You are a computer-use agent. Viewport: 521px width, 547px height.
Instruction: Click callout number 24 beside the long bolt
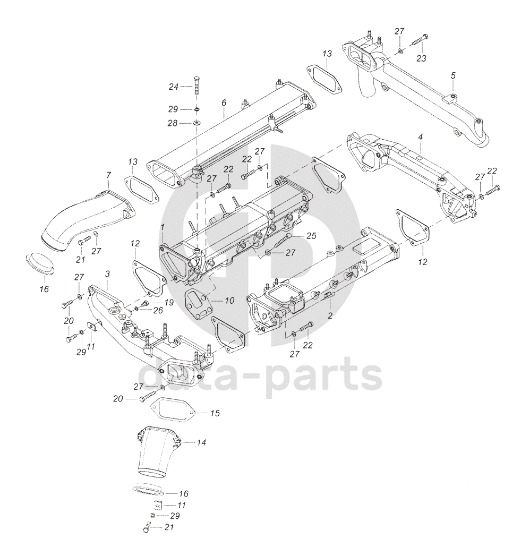click(x=174, y=87)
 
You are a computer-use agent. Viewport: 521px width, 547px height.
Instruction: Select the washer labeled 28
click(x=196, y=123)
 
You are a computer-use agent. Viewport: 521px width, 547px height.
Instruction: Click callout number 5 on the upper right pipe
click(x=452, y=75)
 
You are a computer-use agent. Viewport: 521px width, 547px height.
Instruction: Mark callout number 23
click(x=421, y=58)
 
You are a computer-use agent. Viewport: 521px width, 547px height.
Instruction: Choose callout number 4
click(x=420, y=137)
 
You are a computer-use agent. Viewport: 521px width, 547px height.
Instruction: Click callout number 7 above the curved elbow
click(x=108, y=175)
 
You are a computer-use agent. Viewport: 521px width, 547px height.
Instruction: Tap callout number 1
click(x=162, y=227)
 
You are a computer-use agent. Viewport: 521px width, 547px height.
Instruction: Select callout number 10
click(x=229, y=301)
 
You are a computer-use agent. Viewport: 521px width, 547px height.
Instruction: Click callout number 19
click(x=169, y=302)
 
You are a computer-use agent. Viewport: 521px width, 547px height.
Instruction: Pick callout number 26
click(x=158, y=310)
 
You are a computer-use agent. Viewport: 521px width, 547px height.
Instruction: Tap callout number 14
click(x=201, y=442)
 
